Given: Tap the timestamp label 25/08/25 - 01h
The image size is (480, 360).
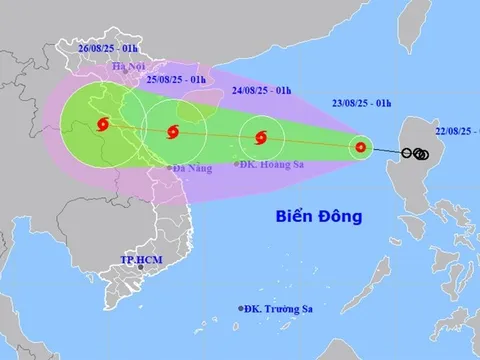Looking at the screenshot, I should click(176, 79).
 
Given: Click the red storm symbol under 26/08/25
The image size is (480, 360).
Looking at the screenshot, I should click(103, 125).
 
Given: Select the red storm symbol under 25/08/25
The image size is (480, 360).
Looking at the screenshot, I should click(174, 131).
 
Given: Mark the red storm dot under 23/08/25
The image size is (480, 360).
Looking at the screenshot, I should click(360, 149).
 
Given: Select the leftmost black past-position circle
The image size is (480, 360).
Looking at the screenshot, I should click(408, 154).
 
